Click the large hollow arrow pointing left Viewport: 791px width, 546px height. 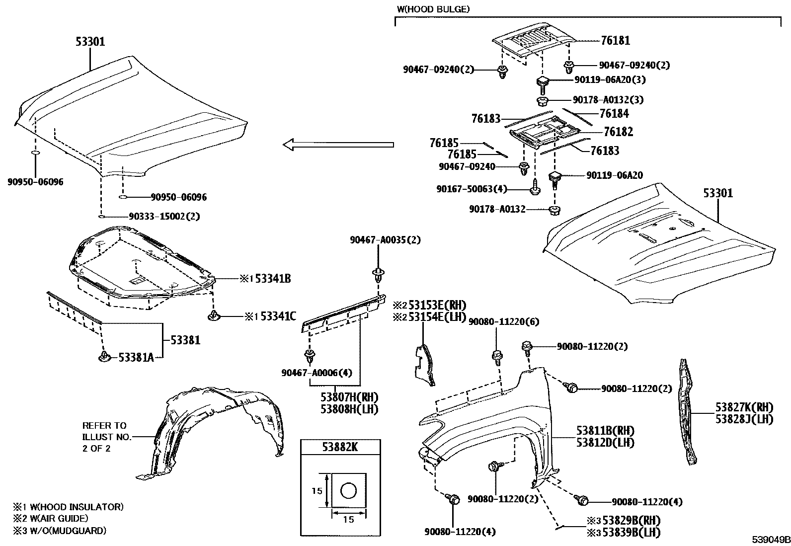(x=338, y=145)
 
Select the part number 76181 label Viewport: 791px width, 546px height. (x=615, y=40)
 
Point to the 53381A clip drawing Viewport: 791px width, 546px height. (x=104, y=357)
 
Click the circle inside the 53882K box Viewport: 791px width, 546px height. (x=348, y=491)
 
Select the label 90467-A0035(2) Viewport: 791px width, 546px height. (x=385, y=240)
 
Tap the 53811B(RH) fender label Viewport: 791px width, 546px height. (x=605, y=430)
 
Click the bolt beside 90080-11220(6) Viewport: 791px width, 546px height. (x=496, y=356)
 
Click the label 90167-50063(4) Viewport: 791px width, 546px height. (x=472, y=189)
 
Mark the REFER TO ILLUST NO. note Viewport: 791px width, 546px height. (x=106, y=437)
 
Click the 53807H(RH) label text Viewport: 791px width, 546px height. (x=349, y=397)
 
